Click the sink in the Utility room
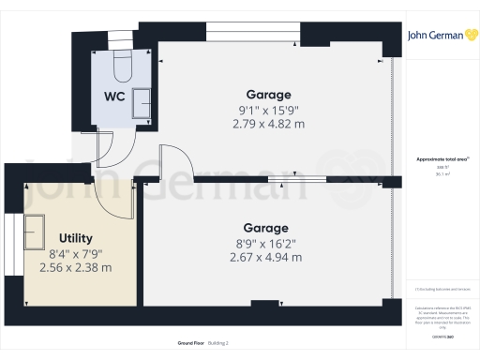pos(36,229)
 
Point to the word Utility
pos(75,238)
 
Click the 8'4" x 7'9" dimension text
pos(75,253)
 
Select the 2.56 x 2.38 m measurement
pos(75,267)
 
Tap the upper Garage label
pos(268,95)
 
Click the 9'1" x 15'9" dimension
pos(268,110)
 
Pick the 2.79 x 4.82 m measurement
pos(268,124)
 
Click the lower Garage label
pos(266,228)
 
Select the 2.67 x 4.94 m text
pos(266,257)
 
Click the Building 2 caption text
pos(217,343)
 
